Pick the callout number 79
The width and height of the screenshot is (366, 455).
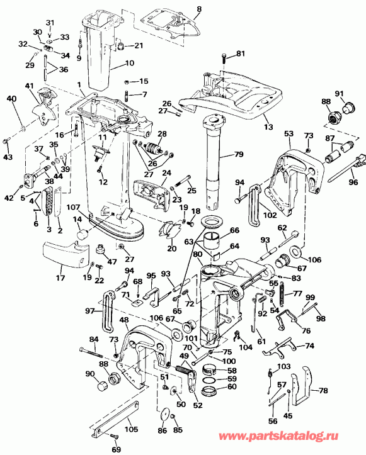[x=239, y=154]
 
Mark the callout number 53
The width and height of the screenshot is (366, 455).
[x=289, y=133]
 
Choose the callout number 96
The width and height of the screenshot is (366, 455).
[x=352, y=183]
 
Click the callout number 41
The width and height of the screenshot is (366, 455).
[x=29, y=86]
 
